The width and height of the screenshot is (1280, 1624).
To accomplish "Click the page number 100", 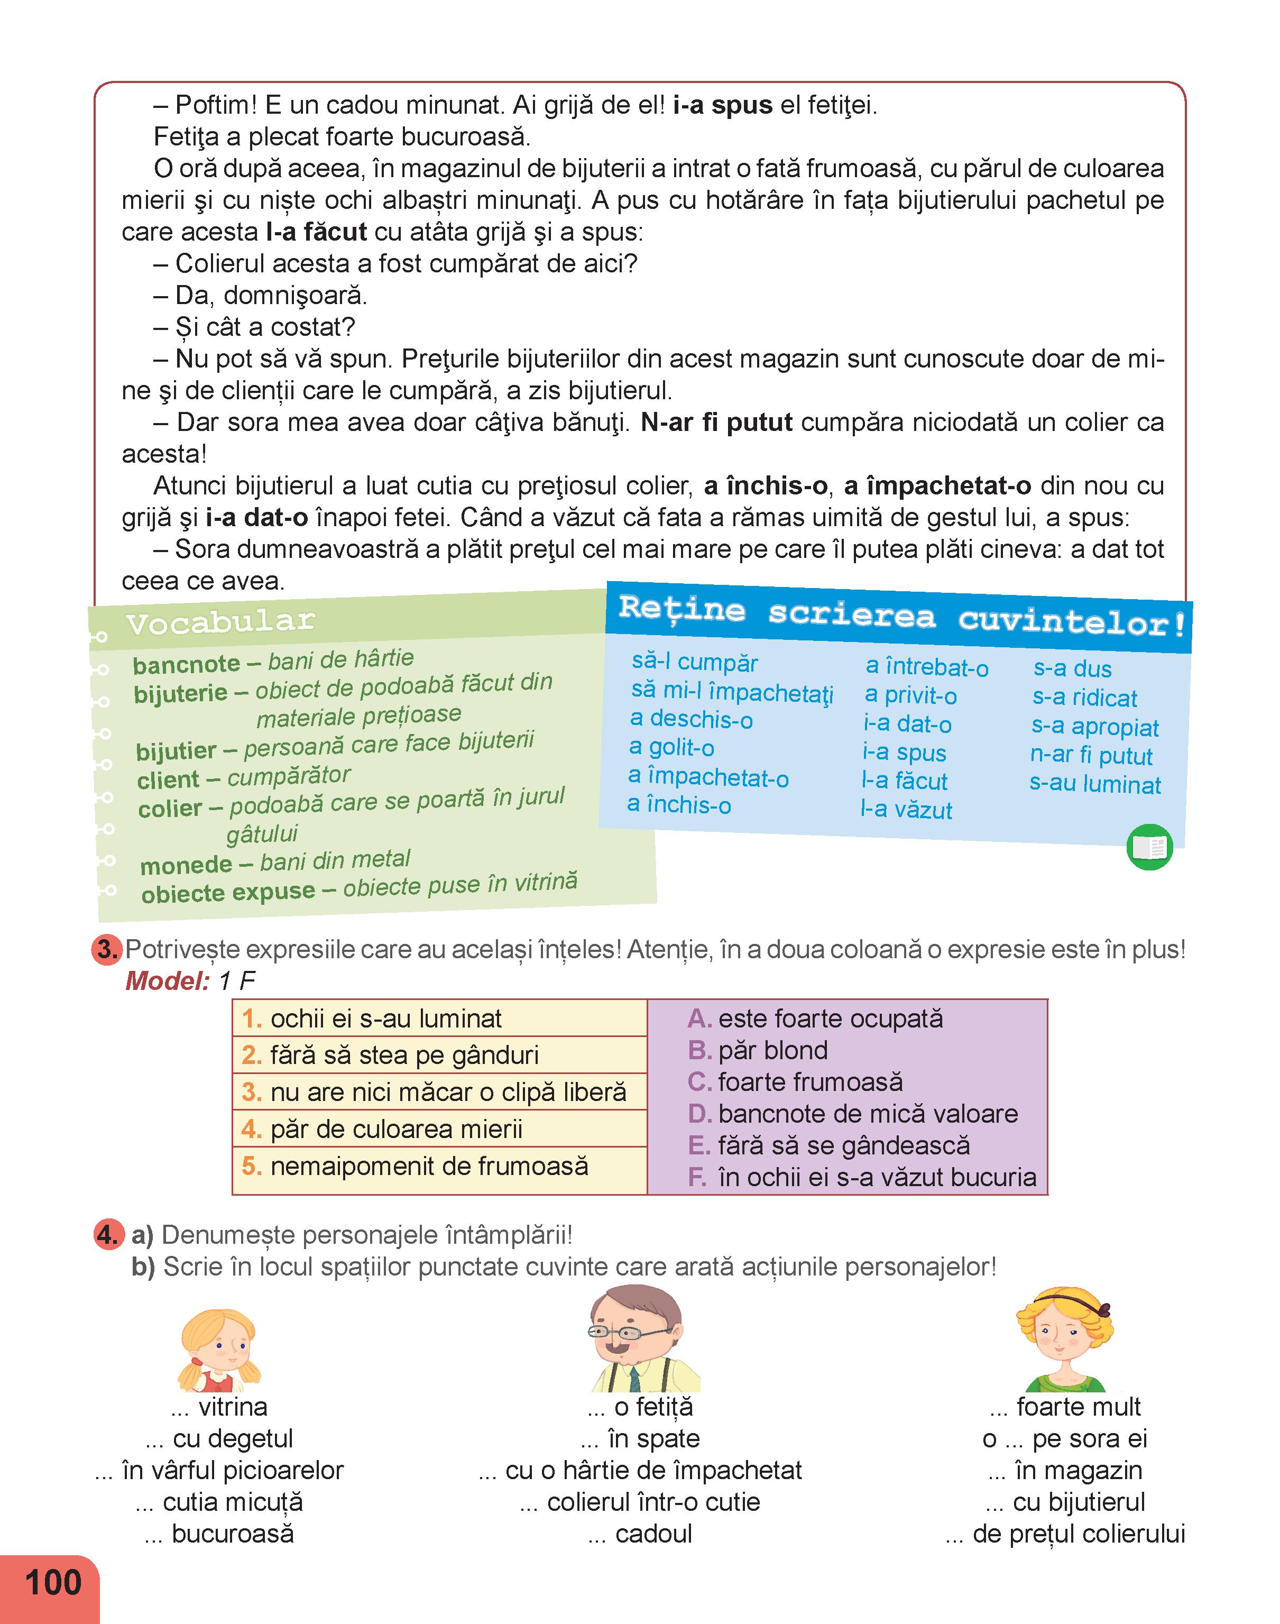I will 52,1582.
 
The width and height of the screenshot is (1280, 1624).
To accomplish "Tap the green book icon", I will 1149,848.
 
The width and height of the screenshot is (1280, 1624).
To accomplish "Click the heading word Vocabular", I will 220,621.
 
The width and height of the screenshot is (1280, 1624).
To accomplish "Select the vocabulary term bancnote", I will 187,664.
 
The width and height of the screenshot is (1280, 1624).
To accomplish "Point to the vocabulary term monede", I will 186,865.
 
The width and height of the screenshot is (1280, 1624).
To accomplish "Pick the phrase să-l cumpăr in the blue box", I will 694,663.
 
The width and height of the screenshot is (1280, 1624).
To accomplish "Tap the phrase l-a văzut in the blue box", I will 906,810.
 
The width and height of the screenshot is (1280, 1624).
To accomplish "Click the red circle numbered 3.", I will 107,950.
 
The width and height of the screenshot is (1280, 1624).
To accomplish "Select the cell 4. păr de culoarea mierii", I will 439,1128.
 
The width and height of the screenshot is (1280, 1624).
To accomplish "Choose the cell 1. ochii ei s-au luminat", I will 439,1019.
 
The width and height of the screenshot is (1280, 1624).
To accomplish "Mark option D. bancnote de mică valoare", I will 853,1114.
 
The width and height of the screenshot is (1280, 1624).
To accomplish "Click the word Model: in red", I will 167,981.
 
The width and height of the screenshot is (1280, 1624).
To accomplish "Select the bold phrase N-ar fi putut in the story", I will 716,423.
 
